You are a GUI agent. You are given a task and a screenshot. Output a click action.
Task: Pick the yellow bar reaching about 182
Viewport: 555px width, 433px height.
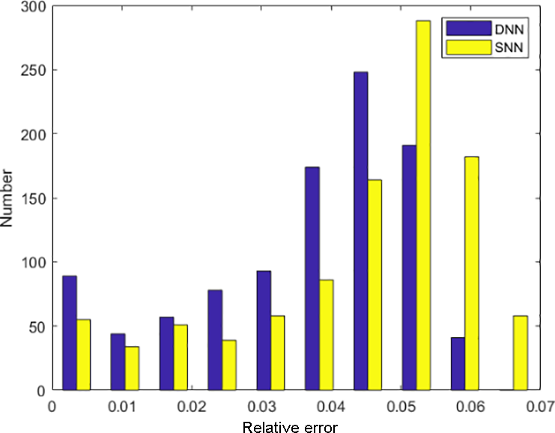click(472, 273)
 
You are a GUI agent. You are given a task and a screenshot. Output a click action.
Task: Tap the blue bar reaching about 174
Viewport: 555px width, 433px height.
click(312, 278)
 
